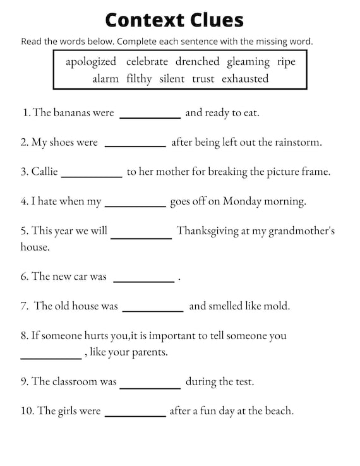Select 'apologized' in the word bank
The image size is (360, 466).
click(91, 62)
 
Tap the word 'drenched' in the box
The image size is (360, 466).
click(197, 62)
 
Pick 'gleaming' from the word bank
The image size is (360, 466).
click(248, 62)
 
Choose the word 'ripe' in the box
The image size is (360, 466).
click(286, 62)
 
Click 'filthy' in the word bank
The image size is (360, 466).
click(139, 79)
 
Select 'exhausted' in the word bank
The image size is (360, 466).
click(245, 79)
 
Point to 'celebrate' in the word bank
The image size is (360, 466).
click(147, 62)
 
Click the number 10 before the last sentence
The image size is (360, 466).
click(27, 412)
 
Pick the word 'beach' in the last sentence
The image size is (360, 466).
click(279, 412)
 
